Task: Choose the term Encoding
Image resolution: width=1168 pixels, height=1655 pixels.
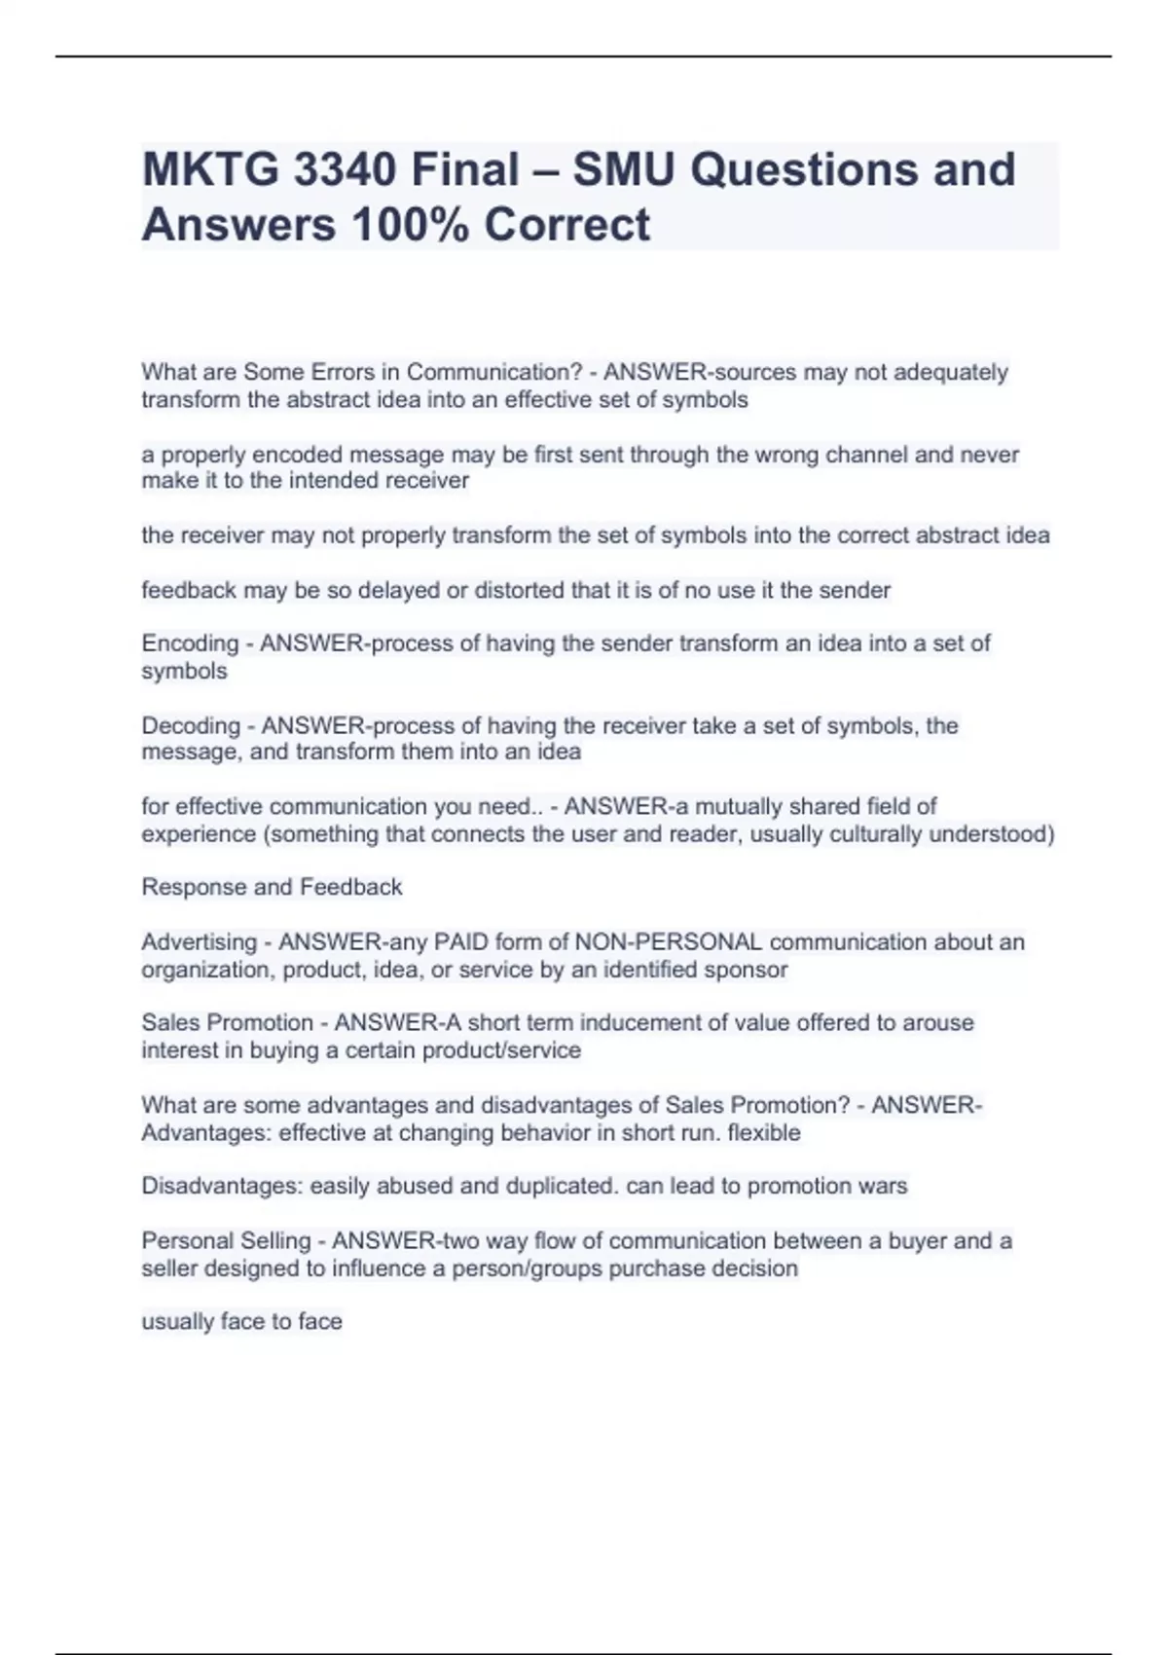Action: click(190, 644)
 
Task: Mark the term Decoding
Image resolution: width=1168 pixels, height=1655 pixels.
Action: click(191, 725)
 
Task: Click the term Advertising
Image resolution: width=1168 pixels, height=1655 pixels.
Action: click(199, 942)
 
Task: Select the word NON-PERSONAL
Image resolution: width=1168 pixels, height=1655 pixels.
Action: click(669, 942)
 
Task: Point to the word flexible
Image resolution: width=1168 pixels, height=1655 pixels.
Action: click(764, 1133)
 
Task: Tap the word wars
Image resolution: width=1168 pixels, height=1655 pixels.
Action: click(886, 1186)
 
